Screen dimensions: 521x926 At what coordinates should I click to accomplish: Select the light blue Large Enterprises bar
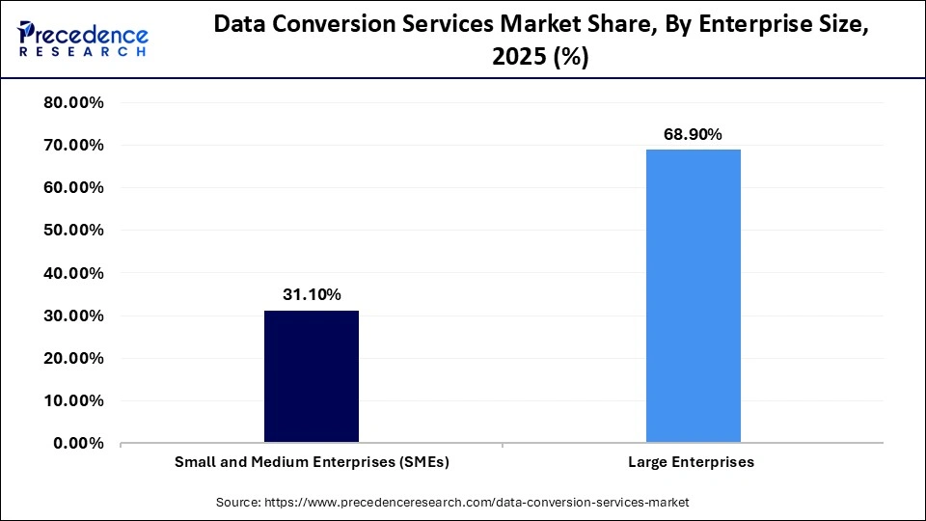[x=693, y=296]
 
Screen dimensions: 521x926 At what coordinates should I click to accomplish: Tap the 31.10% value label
[x=311, y=295]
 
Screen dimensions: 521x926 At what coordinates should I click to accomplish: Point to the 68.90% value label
[x=693, y=135]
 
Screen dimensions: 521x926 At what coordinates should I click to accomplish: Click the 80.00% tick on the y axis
[x=74, y=103]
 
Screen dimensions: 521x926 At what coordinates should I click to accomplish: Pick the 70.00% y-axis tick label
[x=74, y=146]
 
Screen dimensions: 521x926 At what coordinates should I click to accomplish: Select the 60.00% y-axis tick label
[x=74, y=188]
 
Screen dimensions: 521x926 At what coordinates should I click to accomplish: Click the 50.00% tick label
[x=74, y=231]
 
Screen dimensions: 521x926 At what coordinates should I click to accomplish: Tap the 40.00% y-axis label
[x=74, y=273]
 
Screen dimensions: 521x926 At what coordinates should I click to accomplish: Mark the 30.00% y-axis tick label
[x=74, y=315]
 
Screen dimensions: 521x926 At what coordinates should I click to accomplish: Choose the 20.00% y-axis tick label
[x=74, y=358]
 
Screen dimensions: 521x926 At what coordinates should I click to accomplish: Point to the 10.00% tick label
[x=74, y=400]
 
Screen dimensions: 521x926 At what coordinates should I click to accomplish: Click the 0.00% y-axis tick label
[x=79, y=443]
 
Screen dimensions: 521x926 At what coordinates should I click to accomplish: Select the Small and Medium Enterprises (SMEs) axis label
[x=312, y=462]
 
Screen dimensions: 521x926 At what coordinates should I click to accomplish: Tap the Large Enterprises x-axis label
[x=692, y=462]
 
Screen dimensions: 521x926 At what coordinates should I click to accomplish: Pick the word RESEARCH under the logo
[x=83, y=52]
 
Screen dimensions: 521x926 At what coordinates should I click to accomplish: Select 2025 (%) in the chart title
[x=541, y=57]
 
